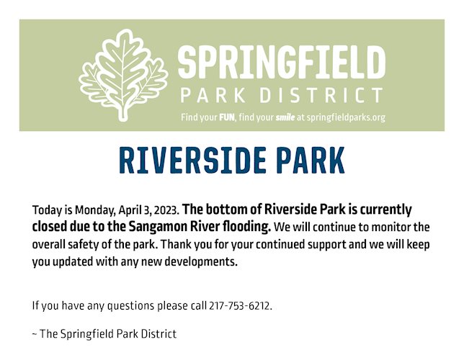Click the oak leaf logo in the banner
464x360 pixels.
(x=123, y=75)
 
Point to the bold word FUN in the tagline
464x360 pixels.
(x=227, y=117)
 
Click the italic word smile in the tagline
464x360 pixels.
(x=285, y=117)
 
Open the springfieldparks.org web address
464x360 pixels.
(x=346, y=118)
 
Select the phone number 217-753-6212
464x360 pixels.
(x=241, y=305)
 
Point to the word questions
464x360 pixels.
(x=130, y=306)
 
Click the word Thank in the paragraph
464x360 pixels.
(x=172, y=245)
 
